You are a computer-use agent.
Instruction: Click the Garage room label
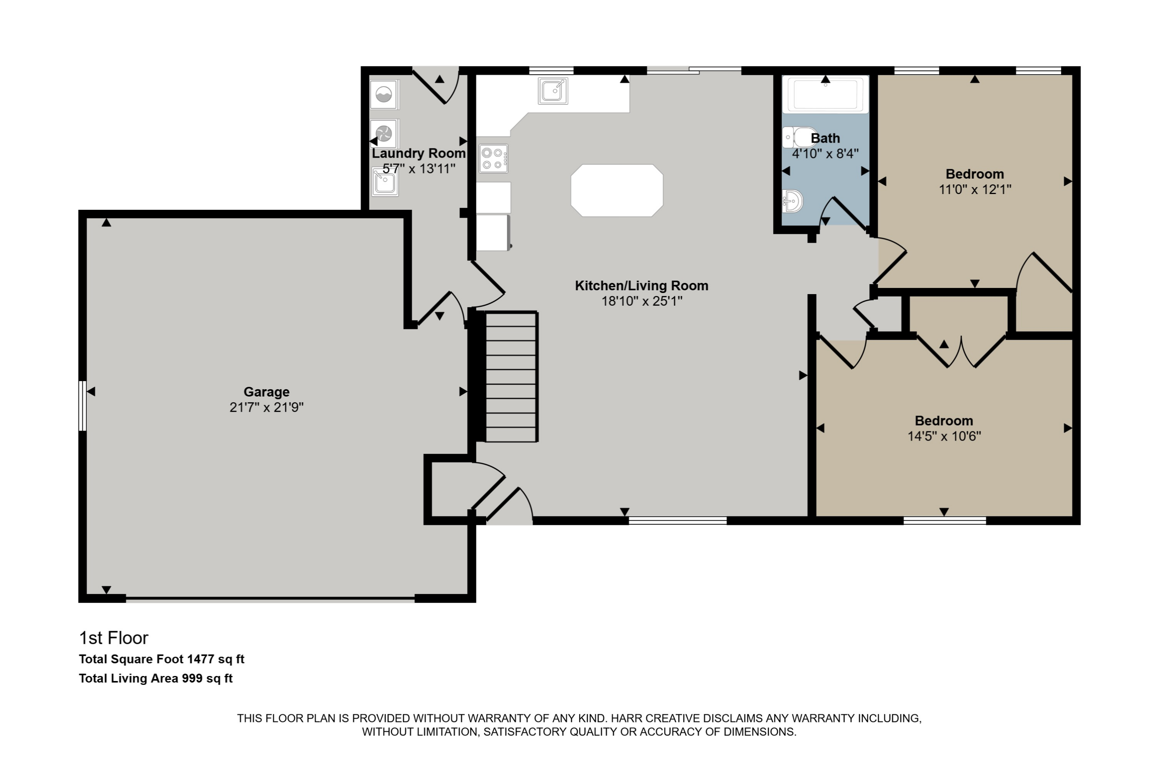pos(266,392)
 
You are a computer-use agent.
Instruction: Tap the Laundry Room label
pos(418,153)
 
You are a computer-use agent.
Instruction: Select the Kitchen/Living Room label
pos(642,286)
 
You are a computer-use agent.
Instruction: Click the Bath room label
pos(825,138)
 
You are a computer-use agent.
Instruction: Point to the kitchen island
pos(617,190)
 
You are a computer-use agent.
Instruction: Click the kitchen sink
pos(553,91)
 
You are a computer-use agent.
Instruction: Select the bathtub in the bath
pos(825,94)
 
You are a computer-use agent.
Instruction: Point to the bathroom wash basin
pos(792,201)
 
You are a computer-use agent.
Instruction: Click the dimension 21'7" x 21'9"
pos(266,407)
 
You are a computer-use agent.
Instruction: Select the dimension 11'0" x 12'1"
pos(975,189)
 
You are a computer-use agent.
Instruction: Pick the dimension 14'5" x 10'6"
pos(944,436)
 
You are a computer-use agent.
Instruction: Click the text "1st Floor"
pos(114,638)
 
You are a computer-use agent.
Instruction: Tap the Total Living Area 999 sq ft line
pos(156,678)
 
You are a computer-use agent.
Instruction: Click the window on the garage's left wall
pos(83,406)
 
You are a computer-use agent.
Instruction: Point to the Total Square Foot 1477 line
pos(161,659)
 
